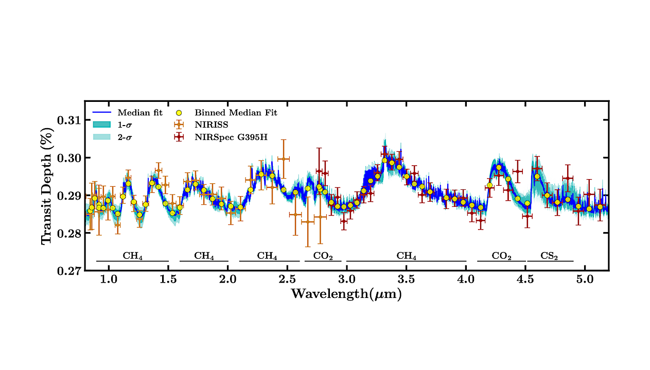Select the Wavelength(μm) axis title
tap(346, 294)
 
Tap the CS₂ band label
tap(550, 255)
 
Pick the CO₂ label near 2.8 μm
tap(323, 255)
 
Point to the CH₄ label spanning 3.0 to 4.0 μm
tap(407, 255)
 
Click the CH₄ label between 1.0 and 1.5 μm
tap(132, 255)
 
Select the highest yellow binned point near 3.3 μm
tap(384, 160)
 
